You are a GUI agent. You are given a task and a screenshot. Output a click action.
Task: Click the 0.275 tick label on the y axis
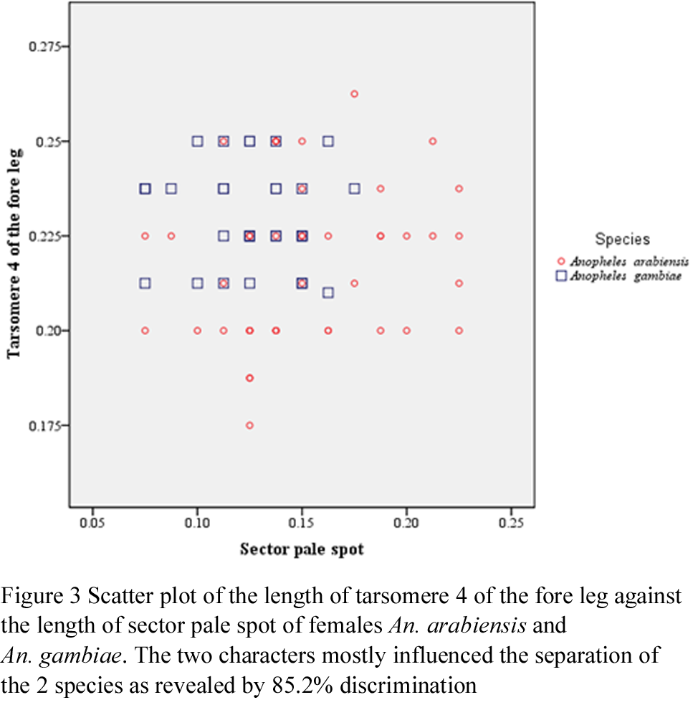[44, 47]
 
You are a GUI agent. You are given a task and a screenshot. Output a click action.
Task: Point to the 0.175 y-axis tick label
[44, 425]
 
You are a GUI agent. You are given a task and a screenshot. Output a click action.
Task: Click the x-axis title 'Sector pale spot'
[302, 550]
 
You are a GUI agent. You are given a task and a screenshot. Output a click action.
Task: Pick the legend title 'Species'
[622, 240]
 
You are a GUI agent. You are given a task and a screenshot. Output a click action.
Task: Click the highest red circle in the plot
[354, 94]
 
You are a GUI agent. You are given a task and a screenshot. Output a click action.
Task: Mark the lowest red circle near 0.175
[249, 425]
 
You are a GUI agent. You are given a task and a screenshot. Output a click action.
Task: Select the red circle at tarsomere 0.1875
[249, 378]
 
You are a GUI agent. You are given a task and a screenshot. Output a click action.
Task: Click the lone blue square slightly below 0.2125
[328, 293]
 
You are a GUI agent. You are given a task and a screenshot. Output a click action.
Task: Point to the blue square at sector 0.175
[354, 189]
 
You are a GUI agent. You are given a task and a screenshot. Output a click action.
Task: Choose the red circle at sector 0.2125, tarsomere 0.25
[433, 141]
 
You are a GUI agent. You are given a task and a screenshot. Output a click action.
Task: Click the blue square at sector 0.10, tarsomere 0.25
[198, 141]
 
